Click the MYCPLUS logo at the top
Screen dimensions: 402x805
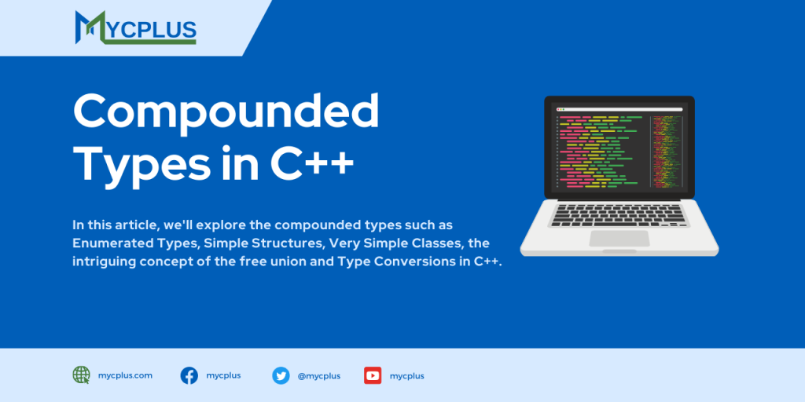(x=135, y=27)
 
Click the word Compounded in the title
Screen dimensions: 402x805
(x=226, y=111)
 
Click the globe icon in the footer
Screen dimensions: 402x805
(x=81, y=375)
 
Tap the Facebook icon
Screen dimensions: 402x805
(x=189, y=375)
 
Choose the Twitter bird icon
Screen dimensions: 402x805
(x=281, y=375)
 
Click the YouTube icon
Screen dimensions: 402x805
(x=373, y=375)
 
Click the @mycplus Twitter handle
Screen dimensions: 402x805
(x=318, y=376)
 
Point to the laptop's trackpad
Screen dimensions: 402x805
(x=619, y=238)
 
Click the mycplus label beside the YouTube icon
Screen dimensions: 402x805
(x=406, y=376)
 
